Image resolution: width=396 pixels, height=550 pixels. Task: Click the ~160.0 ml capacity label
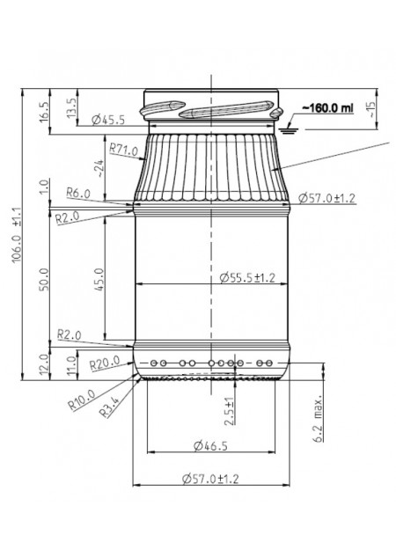click(x=328, y=108)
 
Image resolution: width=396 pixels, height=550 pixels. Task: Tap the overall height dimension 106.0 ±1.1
click(x=17, y=235)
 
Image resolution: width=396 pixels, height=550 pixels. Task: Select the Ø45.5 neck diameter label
click(x=108, y=120)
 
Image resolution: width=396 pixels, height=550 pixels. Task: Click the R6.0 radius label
click(x=78, y=193)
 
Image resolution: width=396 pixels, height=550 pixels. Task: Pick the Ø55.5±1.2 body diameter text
click(x=247, y=278)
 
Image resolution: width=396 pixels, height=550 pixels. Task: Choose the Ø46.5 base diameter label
click(x=210, y=446)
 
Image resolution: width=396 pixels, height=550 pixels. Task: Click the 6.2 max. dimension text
click(x=319, y=420)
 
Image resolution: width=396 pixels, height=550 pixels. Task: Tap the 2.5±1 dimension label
click(x=229, y=412)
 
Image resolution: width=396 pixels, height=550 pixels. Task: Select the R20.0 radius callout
click(x=105, y=363)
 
